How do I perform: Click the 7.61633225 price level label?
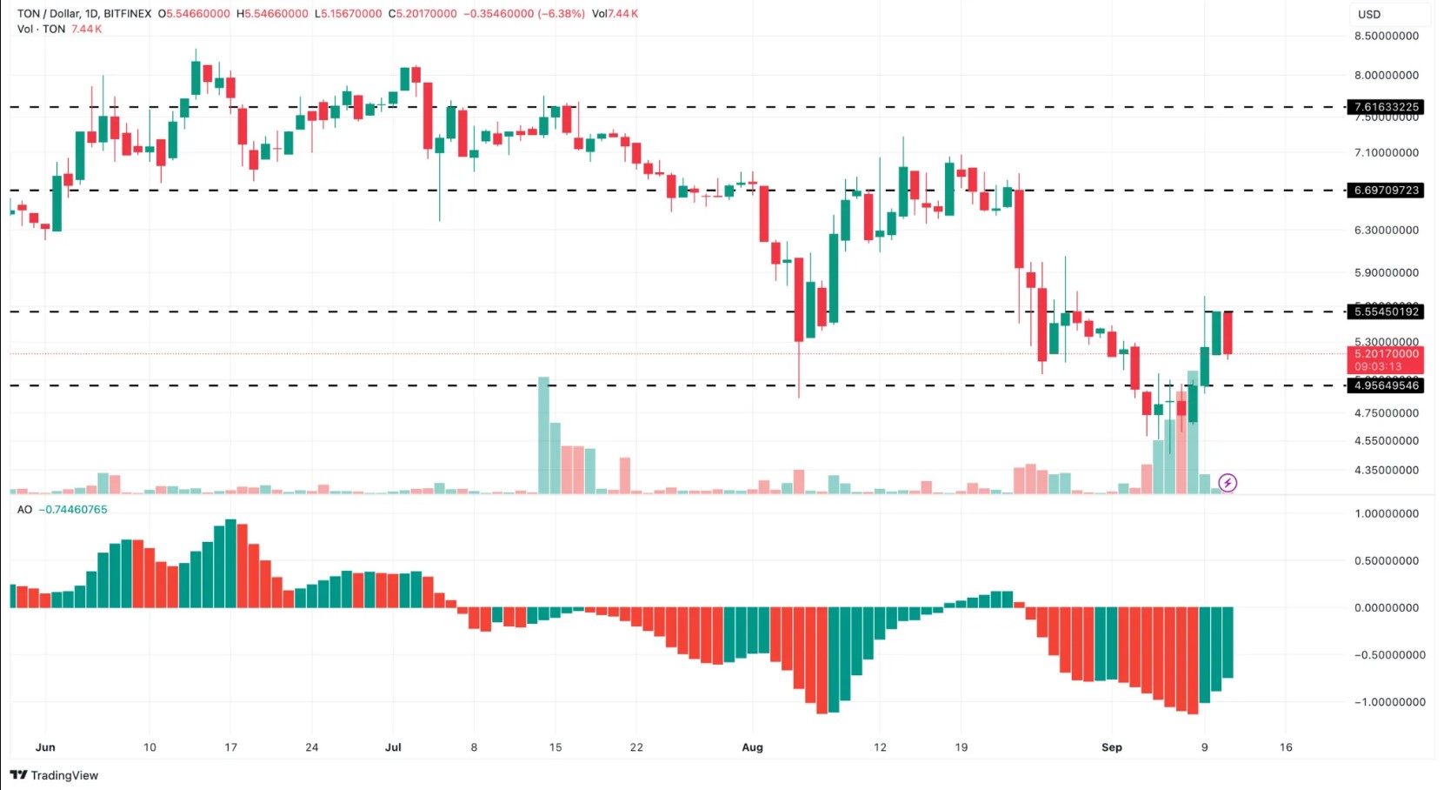(x=1387, y=107)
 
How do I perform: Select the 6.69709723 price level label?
(x=1387, y=190)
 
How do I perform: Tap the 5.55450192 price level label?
(x=1387, y=311)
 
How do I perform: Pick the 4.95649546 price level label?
(x=1387, y=385)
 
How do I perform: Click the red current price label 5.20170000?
(x=1387, y=354)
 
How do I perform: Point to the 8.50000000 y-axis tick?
(x=1387, y=36)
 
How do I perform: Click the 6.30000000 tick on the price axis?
(x=1387, y=230)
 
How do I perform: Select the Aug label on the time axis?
(x=752, y=747)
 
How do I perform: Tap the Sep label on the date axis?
(x=1111, y=747)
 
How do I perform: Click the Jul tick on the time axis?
(x=393, y=747)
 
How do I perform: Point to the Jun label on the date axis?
(x=45, y=747)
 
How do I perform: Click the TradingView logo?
(x=55, y=775)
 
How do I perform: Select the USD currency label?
(x=1369, y=14)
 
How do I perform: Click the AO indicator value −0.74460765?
(x=73, y=510)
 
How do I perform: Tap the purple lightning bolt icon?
(x=1228, y=482)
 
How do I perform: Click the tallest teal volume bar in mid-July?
(x=543, y=435)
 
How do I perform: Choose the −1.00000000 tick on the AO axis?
(x=1389, y=702)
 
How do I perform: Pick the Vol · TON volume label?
(x=41, y=29)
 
